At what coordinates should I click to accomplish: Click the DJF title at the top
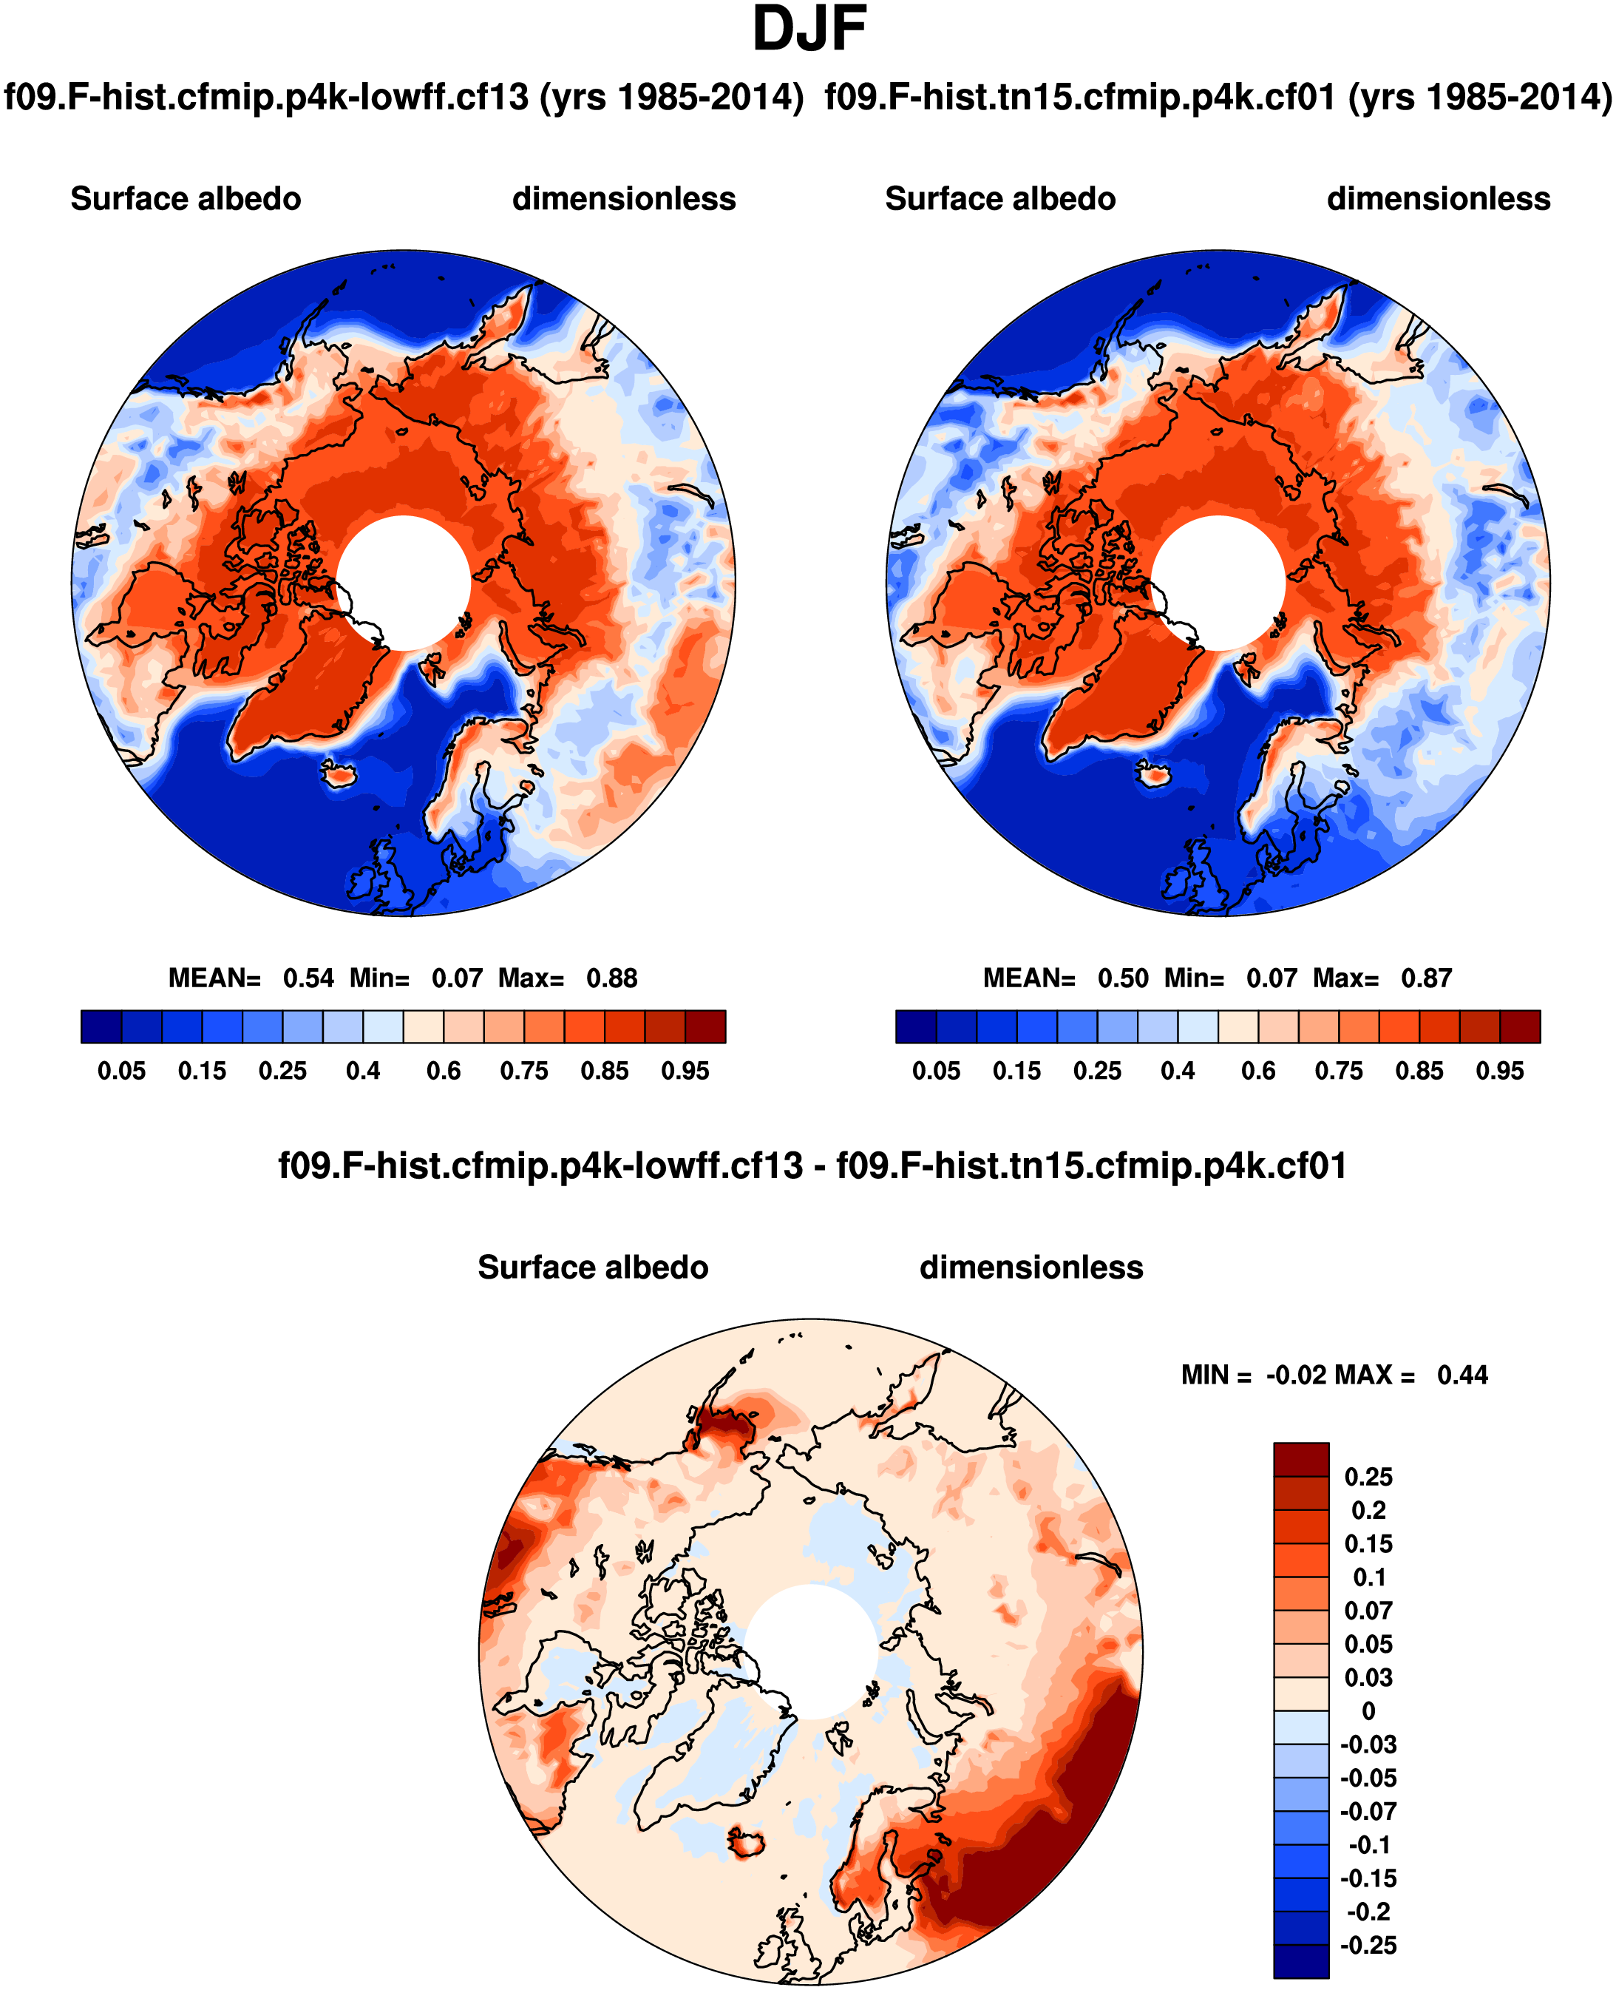pyautogui.click(x=809, y=30)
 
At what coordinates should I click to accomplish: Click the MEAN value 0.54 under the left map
pyautogui.click(x=308, y=978)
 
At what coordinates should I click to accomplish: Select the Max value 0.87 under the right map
pyautogui.click(x=1426, y=978)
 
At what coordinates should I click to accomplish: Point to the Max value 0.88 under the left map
pyautogui.click(x=611, y=978)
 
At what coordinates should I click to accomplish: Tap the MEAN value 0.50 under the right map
pyautogui.click(x=1123, y=978)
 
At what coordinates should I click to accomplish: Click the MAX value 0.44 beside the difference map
pyautogui.click(x=1462, y=1375)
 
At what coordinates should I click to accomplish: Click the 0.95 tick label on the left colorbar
pyautogui.click(x=685, y=1071)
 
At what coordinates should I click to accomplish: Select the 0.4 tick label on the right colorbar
pyautogui.click(x=1178, y=1071)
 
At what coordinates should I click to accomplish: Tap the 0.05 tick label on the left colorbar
pyautogui.click(x=122, y=1071)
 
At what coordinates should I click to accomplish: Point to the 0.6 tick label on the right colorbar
pyautogui.click(x=1258, y=1071)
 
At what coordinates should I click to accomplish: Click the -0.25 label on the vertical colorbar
pyautogui.click(x=1368, y=1946)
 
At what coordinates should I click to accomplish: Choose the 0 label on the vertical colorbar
pyautogui.click(x=1368, y=1711)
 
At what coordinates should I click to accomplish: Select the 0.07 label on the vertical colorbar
pyautogui.click(x=1368, y=1611)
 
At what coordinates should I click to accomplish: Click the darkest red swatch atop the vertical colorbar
pyautogui.click(x=1300, y=1459)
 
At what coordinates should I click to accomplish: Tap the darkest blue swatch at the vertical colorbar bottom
pyautogui.click(x=1300, y=1961)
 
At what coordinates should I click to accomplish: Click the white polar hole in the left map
pyautogui.click(x=403, y=583)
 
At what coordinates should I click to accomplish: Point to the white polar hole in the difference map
pyautogui.click(x=811, y=1652)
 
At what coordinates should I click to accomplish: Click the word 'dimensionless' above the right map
pyautogui.click(x=1438, y=199)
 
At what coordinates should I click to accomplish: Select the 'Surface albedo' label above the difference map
pyautogui.click(x=593, y=1268)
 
